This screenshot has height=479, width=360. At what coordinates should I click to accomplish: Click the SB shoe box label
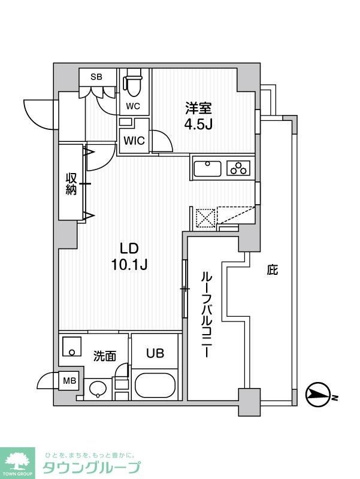click(95, 77)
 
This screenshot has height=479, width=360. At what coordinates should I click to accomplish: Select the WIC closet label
click(132, 142)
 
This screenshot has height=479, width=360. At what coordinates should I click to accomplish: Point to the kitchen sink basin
click(208, 168)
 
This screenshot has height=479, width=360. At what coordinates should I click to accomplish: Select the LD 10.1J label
click(130, 256)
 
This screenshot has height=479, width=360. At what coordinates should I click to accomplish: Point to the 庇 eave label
click(272, 270)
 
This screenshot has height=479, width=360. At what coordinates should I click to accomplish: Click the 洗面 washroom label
click(104, 356)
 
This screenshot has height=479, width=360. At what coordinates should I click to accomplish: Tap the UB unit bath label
click(154, 354)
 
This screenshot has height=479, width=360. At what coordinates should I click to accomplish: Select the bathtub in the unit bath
click(155, 385)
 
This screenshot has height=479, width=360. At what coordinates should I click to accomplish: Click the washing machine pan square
click(72, 345)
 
